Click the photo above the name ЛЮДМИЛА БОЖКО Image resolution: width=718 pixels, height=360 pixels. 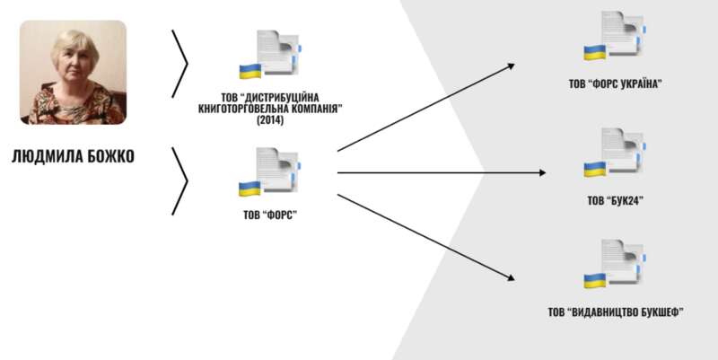click(x=73, y=73)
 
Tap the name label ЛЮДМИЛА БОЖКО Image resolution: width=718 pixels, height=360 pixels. click(x=73, y=156)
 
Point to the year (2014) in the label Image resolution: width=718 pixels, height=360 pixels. click(x=269, y=119)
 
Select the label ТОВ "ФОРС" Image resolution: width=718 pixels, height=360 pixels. click(x=268, y=215)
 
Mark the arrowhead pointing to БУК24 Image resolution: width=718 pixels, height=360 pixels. click(x=543, y=172)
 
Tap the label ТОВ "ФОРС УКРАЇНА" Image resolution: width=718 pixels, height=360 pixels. click(x=615, y=85)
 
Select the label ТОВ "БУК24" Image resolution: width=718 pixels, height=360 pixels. click(x=615, y=201)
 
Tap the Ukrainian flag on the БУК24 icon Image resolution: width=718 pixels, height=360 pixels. click(x=594, y=168)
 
